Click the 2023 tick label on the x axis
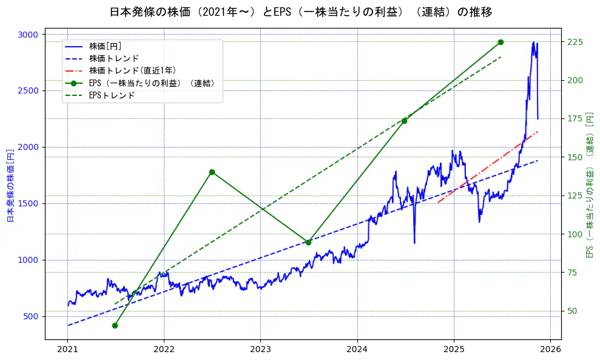coord(260,350)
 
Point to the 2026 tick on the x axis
coord(550,350)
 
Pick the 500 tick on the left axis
coord(30,317)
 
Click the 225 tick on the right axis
coord(575,42)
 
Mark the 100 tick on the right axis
coord(575,234)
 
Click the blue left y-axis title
coord(10,186)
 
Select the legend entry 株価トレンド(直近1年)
coord(132,70)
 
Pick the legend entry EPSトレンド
coord(112,95)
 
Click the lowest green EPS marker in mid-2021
coord(115,326)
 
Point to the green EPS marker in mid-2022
coord(212,172)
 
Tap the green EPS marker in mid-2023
coord(308,242)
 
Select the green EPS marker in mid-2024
coord(404,121)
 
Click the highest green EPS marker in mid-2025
coord(501,42)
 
